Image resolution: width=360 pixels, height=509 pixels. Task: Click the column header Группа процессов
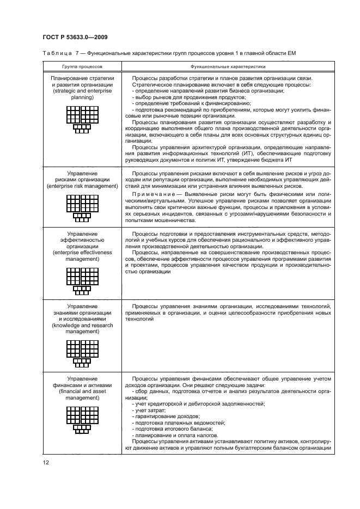tap(82, 65)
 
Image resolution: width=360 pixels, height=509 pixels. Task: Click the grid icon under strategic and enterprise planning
tap(82, 119)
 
